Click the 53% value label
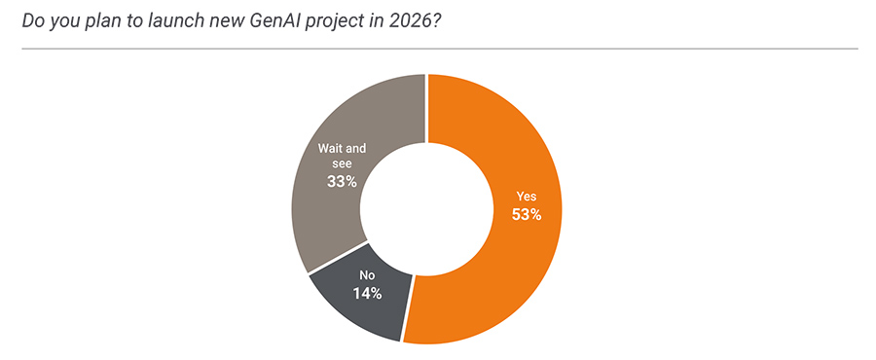(x=526, y=215)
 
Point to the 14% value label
(x=367, y=293)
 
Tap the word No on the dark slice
(x=367, y=275)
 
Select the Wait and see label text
(x=342, y=156)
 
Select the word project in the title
(x=336, y=21)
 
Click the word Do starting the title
(x=33, y=21)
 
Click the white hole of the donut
(x=426, y=209)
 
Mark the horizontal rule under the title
(x=438, y=48)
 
